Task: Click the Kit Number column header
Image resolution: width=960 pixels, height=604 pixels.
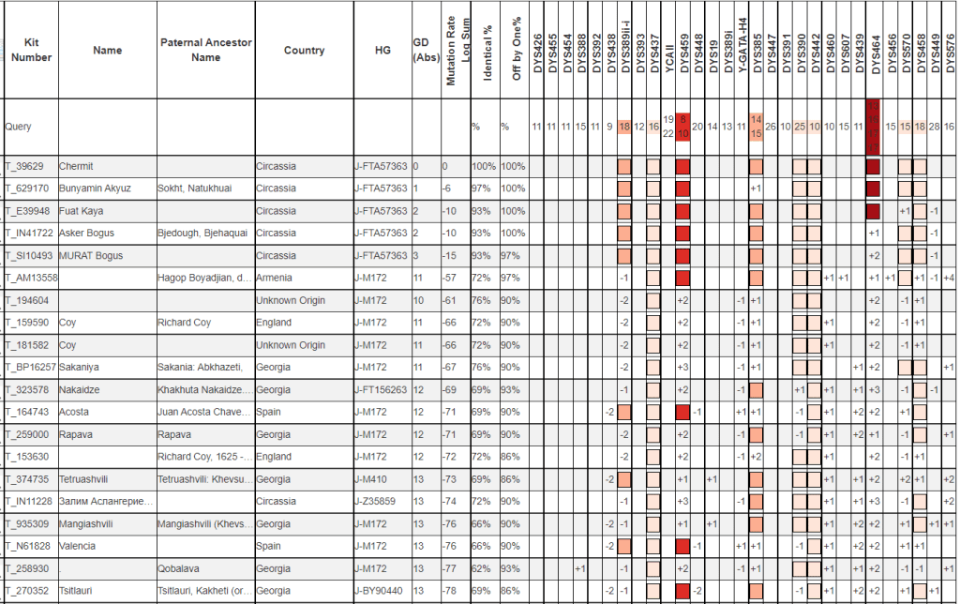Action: coord(32,51)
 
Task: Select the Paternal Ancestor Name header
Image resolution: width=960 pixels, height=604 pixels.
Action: coord(205,51)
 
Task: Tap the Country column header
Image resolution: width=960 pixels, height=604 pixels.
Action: coord(304,51)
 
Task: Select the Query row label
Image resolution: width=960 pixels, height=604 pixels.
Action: coord(19,126)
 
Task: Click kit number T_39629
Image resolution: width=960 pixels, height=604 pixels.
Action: coord(26,166)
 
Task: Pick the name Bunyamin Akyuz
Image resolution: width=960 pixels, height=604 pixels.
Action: coord(96,189)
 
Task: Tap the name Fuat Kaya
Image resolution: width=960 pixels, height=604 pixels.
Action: coord(81,211)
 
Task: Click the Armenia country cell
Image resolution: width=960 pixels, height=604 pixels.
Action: coord(275,278)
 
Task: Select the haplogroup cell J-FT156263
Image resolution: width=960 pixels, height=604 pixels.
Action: coord(381,389)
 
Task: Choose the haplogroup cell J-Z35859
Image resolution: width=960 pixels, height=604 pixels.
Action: coord(378,501)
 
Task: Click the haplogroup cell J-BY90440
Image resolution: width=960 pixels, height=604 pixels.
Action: coord(380,590)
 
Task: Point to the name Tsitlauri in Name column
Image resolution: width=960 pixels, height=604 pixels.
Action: coord(78,590)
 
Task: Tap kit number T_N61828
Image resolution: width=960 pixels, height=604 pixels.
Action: coord(28,546)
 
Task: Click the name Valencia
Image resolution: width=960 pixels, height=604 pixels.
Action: coord(79,546)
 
